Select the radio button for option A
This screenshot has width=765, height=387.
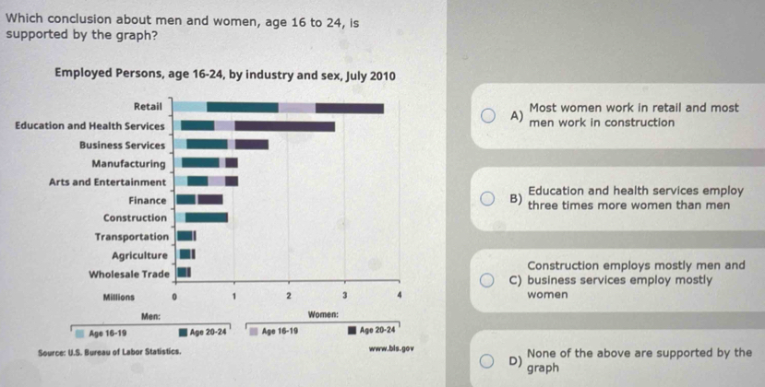pos(498,116)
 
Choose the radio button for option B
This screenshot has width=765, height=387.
pos(498,197)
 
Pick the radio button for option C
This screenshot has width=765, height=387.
pos(498,280)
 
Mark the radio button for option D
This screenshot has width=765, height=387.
pos(498,359)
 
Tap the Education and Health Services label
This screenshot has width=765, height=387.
pos(90,125)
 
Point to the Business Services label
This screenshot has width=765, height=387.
pos(122,145)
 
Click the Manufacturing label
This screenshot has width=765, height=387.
pos(129,163)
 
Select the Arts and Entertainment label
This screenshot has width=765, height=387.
pos(106,182)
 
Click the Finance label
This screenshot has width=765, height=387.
pos(148,199)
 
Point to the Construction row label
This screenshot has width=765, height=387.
pos(135,217)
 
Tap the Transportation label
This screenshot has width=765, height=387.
pos(130,236)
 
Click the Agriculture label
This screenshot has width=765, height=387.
pos(138,254)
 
